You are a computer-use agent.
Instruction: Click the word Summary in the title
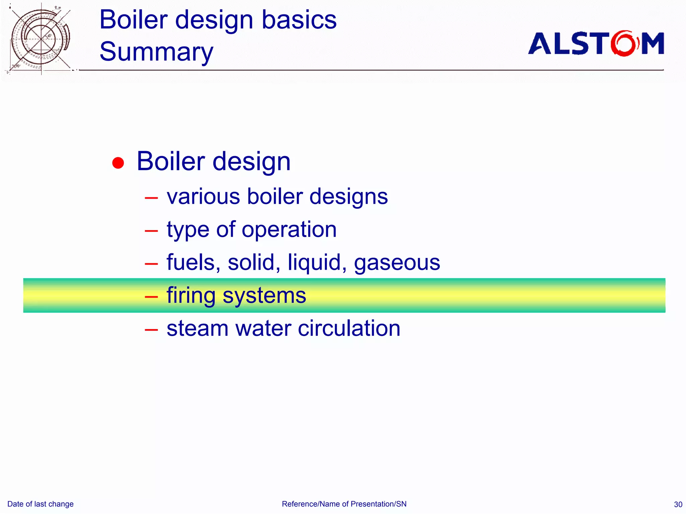point(156,52)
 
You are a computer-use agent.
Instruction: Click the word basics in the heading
point(299,20)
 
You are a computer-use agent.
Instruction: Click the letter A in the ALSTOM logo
point(540,44)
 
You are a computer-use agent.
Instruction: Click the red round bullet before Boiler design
point(118,163)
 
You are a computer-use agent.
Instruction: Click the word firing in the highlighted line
point(191,296)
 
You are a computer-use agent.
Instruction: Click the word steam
point(198,328)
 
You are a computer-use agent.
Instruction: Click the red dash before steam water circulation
point(151,330)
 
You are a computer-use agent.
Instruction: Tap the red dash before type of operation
point(151,231)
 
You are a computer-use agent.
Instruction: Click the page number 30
point(678,504)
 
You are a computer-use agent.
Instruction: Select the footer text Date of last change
point(41,504)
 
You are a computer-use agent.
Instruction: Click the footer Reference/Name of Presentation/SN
point(344,504)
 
